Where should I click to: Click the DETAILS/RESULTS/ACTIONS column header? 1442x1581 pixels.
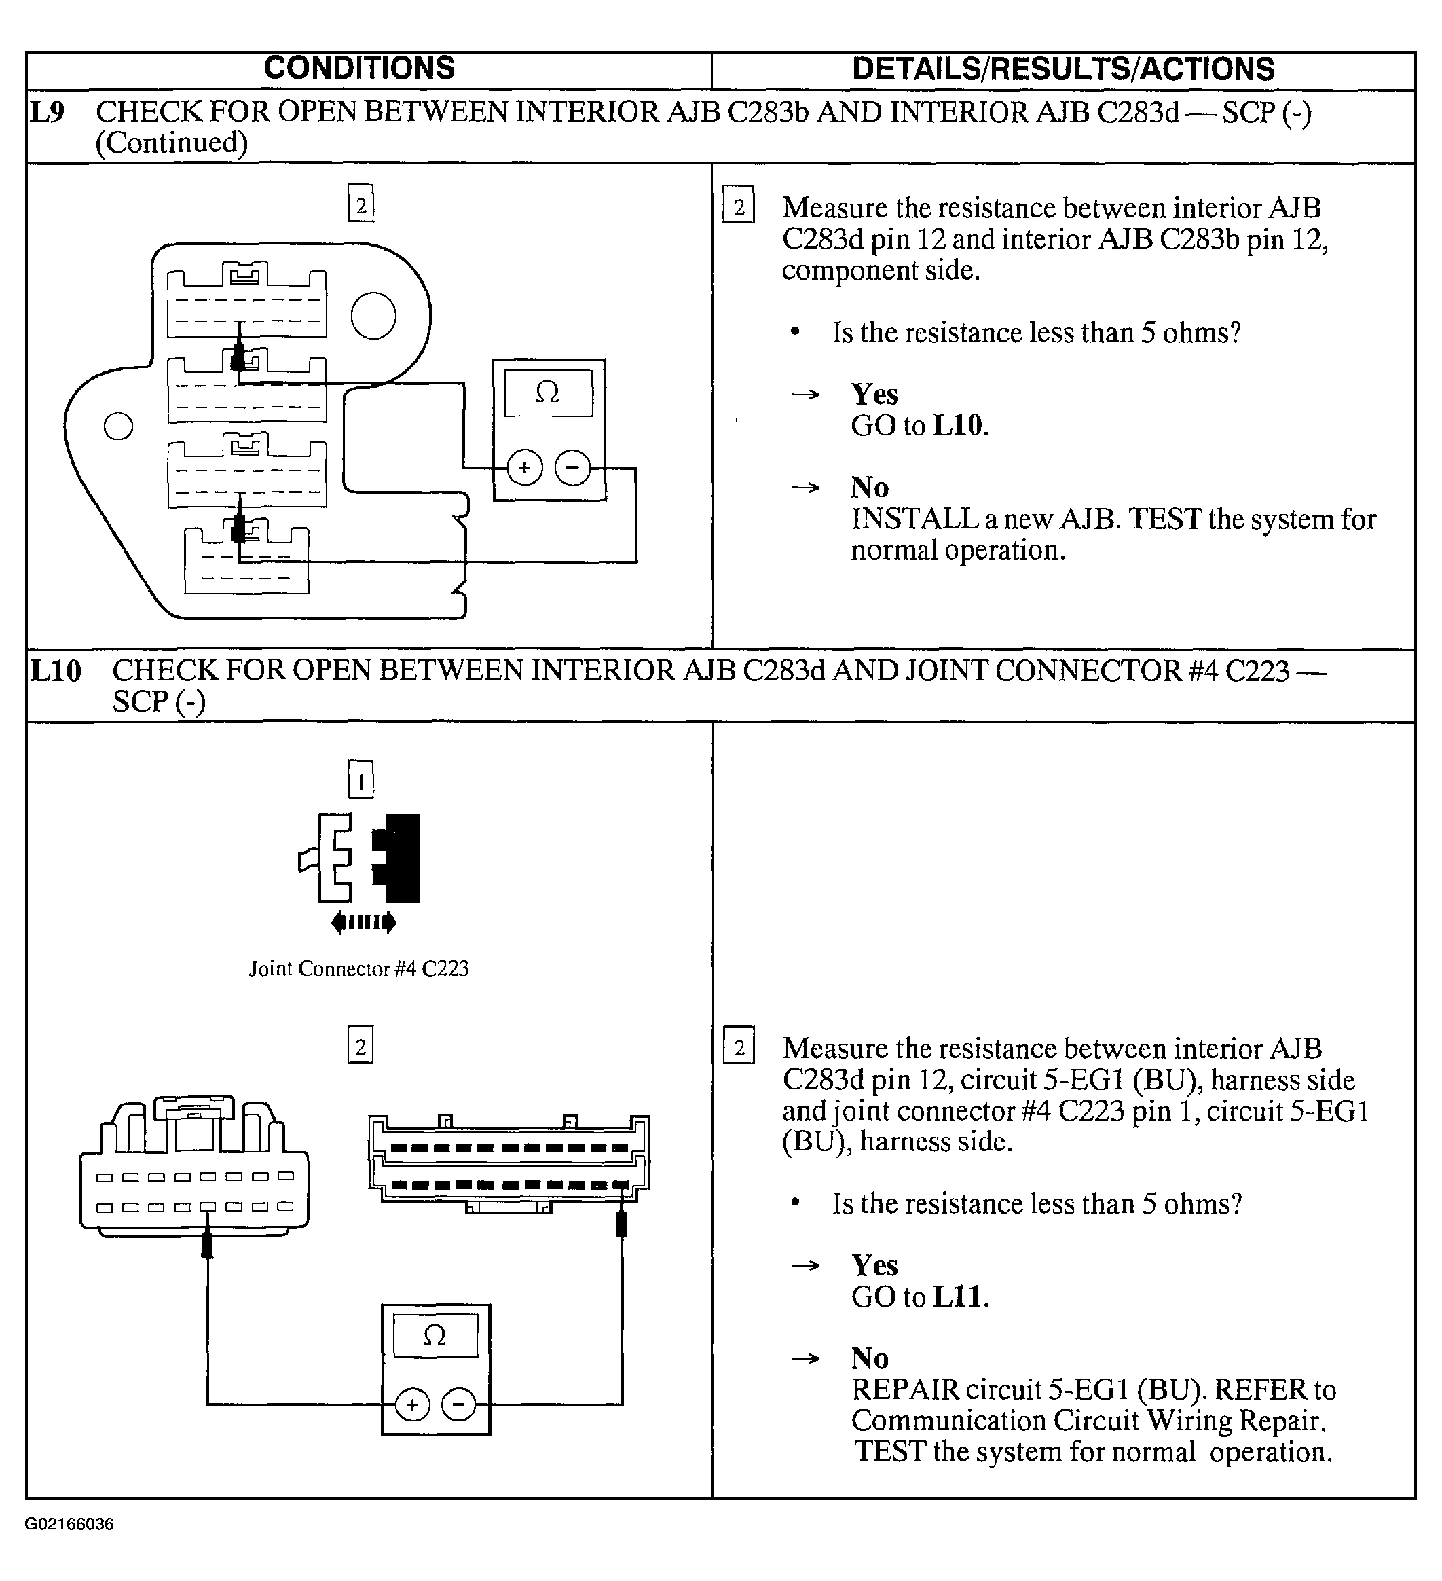tap(1062, 69)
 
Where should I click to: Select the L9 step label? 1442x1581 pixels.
tap(46, 112)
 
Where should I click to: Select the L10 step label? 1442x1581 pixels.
tap(55, 671)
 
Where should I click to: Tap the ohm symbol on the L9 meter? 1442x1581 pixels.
tap(547, 392)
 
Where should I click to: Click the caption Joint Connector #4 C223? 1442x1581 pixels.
tap(358, 969)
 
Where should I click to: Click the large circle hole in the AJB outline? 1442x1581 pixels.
tap(373, 315)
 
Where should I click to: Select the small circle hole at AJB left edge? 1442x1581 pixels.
tap(118, 426)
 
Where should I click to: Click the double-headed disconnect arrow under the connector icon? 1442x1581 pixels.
tap(363, 922)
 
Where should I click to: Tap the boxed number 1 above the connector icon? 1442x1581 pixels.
tap(360, 781)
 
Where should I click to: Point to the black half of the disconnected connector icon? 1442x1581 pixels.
tap(399, 858)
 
